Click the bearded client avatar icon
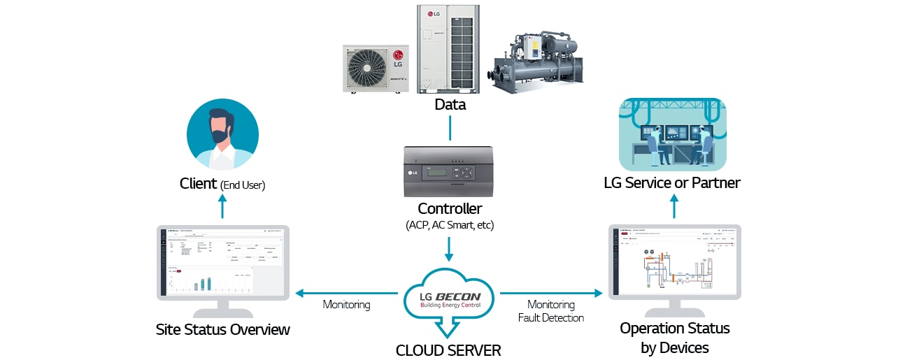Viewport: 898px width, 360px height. pyautogui.click(x=222, y=134)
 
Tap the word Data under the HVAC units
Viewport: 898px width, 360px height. pyautogui.click(x=450, y=105)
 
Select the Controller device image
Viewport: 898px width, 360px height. pyautogui.click(x=450, y=172)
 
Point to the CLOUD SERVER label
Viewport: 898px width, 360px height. pyautogui.click(x=448, y=350)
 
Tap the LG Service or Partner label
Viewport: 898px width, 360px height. pyautogui.click(x=672, y=183)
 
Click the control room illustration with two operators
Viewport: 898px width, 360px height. pyautogui.click(x=672, y=134)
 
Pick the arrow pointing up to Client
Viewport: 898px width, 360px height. pyautogui.click(x=222, y=207)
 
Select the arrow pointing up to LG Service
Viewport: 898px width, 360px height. pyautogui.click(x=674, y=207)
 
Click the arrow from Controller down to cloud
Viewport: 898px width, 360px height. pyautogui.click(x=450, y=249)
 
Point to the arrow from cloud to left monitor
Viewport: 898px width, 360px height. pyautogui.click(x=347, y=293)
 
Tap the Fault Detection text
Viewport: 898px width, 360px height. pyautogui.click(x=551, y=318)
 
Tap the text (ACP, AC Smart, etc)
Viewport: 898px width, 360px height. pyautogui.click(x=450, y=225)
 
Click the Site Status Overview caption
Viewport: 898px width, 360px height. pyautogui.click(x=222, y=329)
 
